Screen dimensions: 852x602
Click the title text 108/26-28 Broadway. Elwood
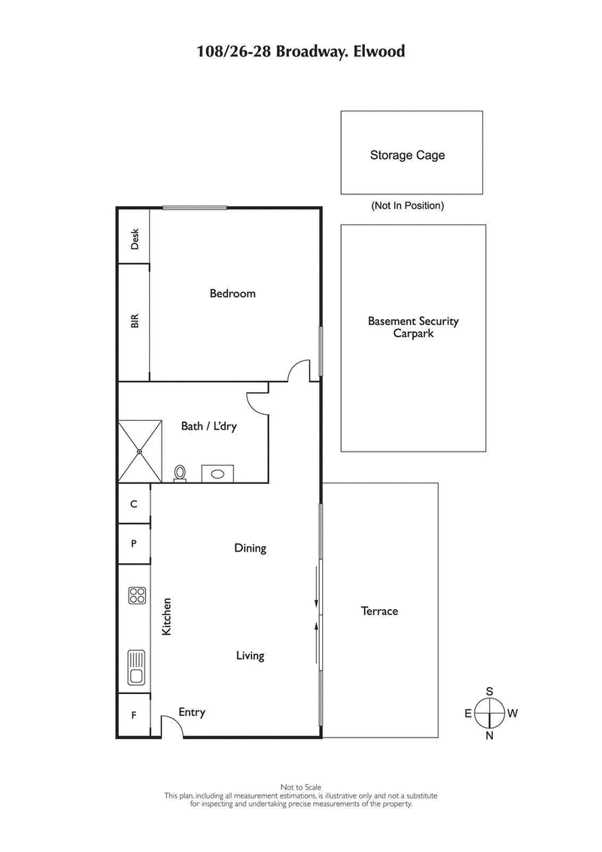pyautogui.click(x=301, y=52)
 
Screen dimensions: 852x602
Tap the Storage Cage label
pyautogui.click(x=407, y=155)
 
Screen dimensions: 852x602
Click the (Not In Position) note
pyautogui.click(x=407, y=205)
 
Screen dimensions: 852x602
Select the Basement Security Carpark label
pyautogui.click(x=412, y=327)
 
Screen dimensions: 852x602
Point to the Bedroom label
pyautogui.click(x=233, y=294)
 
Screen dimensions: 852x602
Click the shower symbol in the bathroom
pyautogui.click(x=140, y=451)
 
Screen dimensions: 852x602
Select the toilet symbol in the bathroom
pyautogui.click(x=180, y=473)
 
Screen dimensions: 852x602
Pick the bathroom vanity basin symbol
pyautogui.click(x=217, y=474)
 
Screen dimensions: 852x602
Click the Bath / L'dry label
pyautogui.click(x=208, y=426)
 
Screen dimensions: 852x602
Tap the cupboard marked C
pyautogui.click(x=134, y=504)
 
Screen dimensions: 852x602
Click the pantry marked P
pyautogui.click(x=134, y=543)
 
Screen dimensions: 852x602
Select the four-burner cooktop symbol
pyautogui.click(x=137, y=596)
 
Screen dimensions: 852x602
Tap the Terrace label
pyautogui.click(x=379, y=611)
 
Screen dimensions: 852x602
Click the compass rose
pyautogui.click(x=489, y=713)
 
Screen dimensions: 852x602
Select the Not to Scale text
pyautogui.click(x=301, y=787)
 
